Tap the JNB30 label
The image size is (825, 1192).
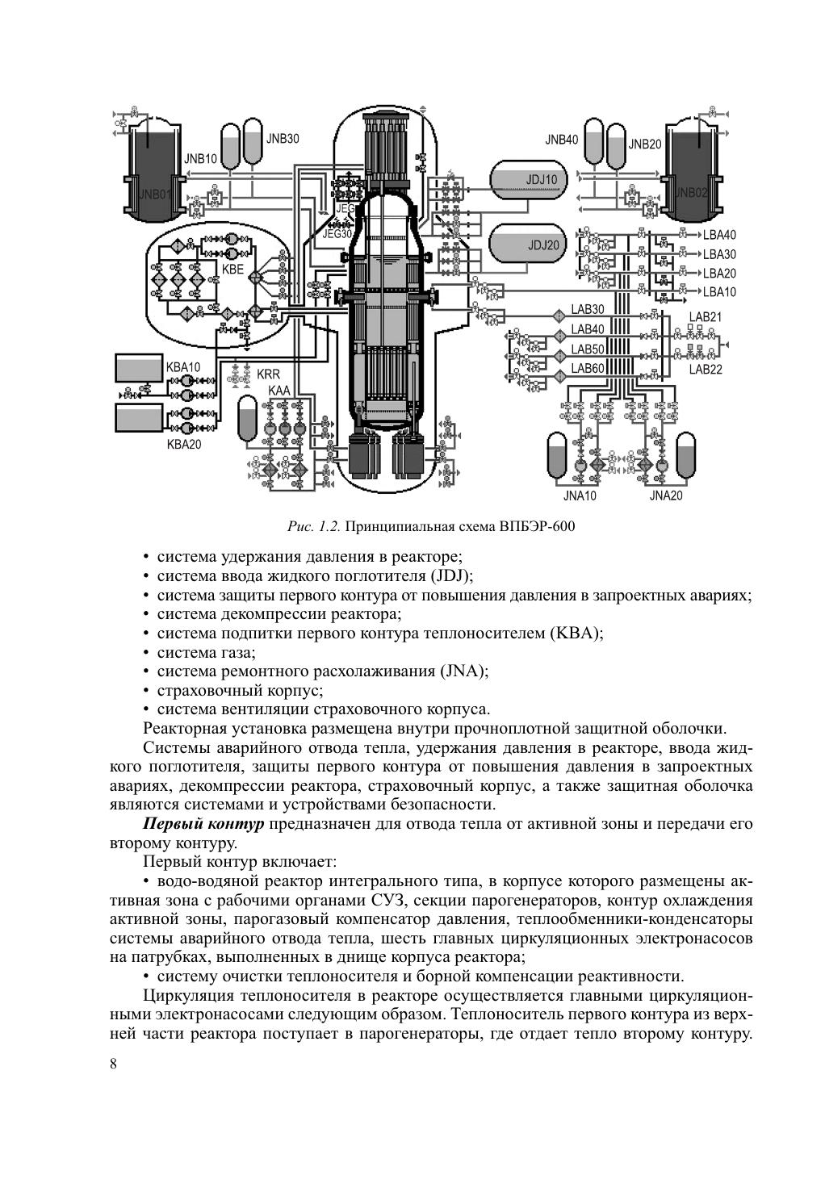[x=283, y=138]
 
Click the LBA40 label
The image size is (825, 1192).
[x=719, y=236]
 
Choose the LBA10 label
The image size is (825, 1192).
[x=719, y=292]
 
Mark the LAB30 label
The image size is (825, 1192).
[x=588, y=309]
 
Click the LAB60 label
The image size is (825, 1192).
[x=588, y=368]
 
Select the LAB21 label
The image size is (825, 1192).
[x=705, y=317]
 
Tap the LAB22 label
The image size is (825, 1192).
[x=705, y=370]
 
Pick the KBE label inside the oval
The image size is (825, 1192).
[x=232, y=270]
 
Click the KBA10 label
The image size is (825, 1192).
[x=183, y=367]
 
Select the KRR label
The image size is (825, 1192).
[x=269, y=375]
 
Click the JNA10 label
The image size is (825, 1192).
[x=579, y=496]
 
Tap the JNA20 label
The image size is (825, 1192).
[x=666, y=496]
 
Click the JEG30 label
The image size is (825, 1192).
[x=338, y=234]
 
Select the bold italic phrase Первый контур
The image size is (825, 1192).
[x=203, y=824]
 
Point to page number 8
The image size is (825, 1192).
[x=113, y=1063]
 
